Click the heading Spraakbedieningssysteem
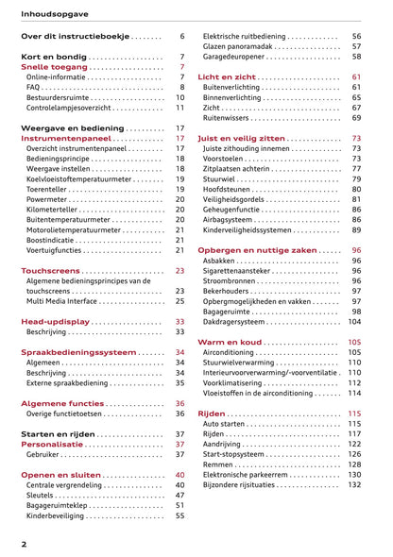[x=78, y=352]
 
